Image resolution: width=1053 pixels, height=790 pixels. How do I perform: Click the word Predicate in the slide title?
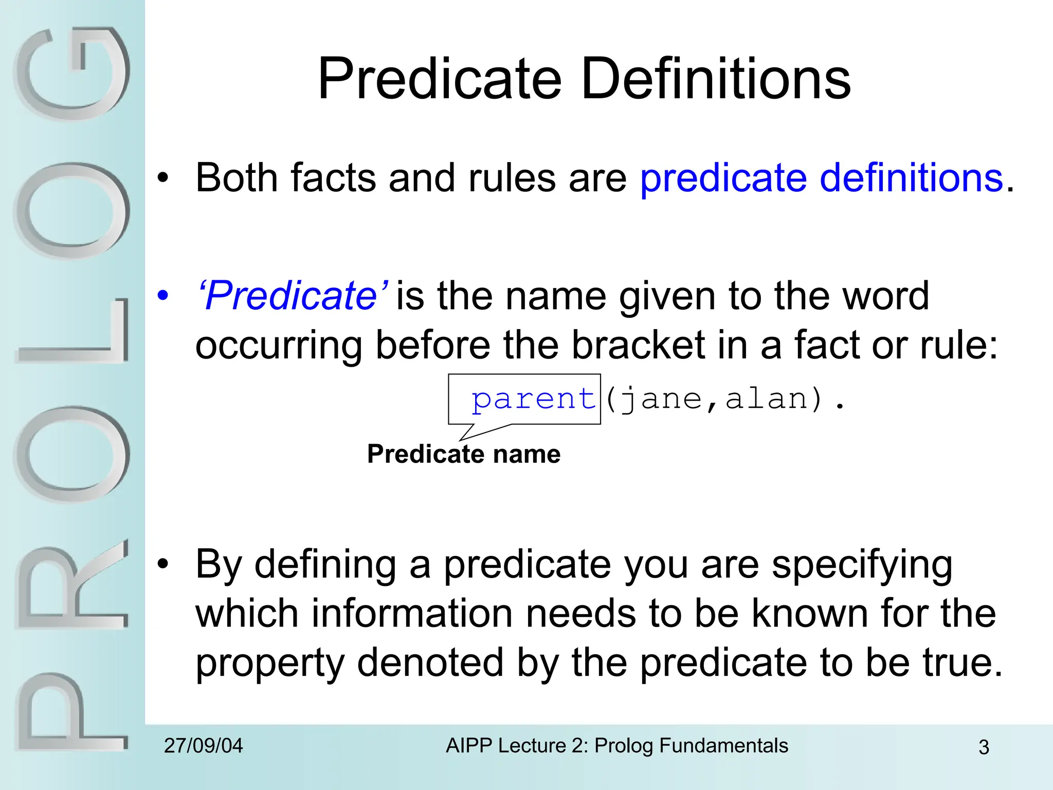click(440, 79)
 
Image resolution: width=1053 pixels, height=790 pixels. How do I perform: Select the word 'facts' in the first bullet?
click(334, 178)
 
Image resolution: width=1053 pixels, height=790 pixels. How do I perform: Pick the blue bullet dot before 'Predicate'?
click(163, 296)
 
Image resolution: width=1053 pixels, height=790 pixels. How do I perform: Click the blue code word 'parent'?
click(533, 400)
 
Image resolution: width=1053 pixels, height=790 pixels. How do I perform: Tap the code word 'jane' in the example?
click(661, 400)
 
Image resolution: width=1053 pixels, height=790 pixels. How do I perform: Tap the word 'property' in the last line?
click(269, 663)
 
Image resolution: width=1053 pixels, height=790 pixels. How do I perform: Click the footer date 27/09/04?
click(204, 746)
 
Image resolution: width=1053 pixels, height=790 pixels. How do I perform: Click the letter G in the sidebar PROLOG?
click(72, 75)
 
